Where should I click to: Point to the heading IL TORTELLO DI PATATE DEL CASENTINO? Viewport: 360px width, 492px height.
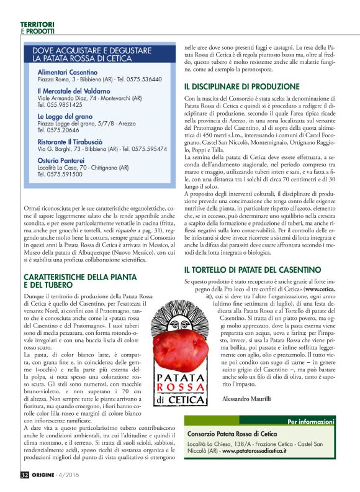tap(252, 270)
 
